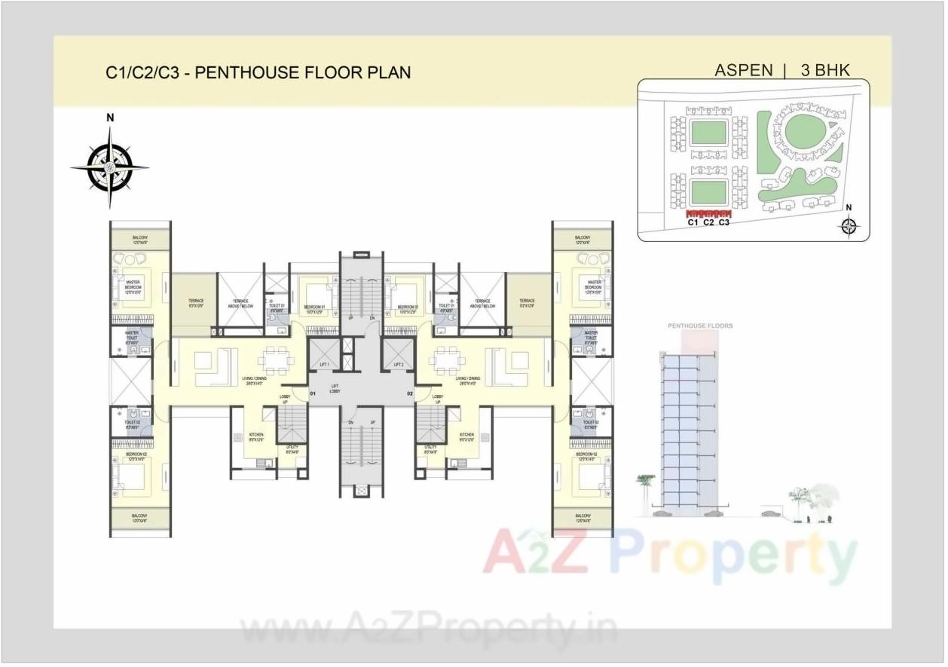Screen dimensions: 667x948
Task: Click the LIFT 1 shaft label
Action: click(x=324, y=363)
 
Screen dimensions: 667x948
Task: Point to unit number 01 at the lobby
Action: click(x=313, y=393)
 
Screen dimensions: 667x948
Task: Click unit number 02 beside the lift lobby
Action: click(x=411, y=393)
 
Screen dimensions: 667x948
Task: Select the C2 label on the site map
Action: click(x=708, y=222)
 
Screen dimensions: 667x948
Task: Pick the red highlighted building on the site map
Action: click(x=708, y=213)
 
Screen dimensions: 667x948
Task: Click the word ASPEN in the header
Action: click(x=743, y=70)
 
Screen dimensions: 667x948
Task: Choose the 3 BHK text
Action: click(x=825, y=70)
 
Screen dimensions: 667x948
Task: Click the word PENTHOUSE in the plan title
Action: click(x=242, y=72)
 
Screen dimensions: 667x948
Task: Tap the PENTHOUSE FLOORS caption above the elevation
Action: click(x=700, y=326)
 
